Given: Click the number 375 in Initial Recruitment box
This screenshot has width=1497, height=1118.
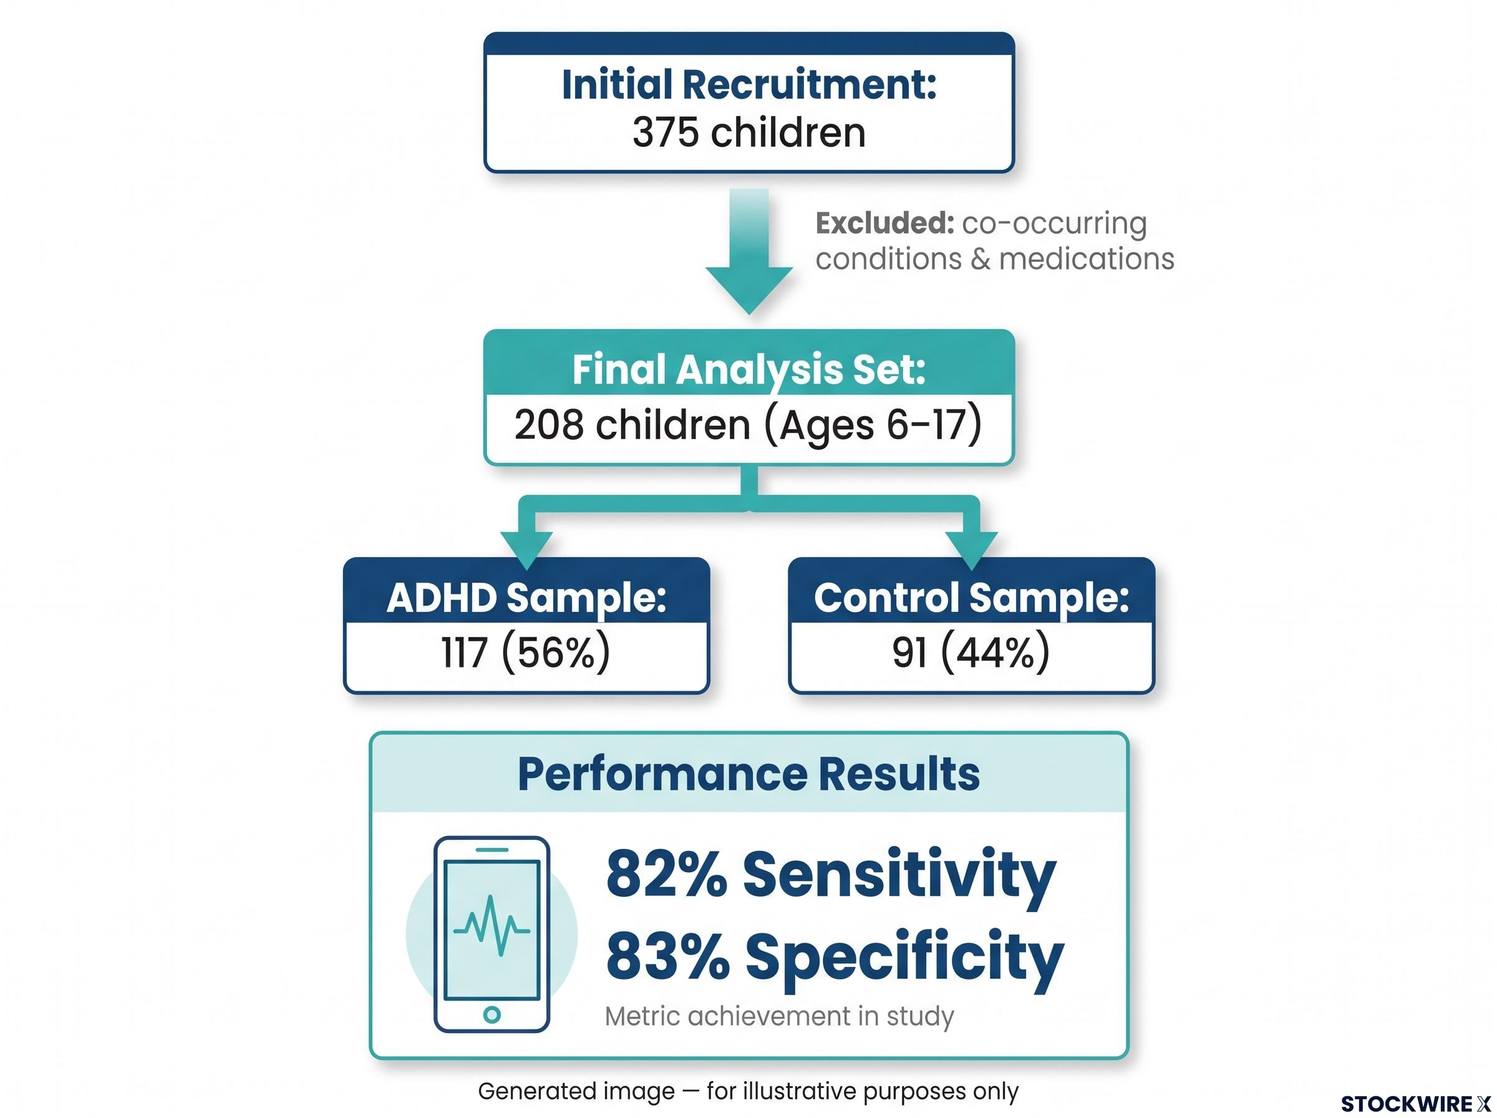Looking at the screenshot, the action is (665, 132).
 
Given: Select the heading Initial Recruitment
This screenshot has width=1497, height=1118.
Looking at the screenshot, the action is (749, 85).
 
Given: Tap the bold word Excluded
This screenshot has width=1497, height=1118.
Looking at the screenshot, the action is (884, 223).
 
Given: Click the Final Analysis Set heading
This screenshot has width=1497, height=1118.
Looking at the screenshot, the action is (749, 369).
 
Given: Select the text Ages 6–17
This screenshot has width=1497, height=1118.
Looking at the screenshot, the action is (873, 425).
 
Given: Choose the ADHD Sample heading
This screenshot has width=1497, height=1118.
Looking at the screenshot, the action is (526, 598).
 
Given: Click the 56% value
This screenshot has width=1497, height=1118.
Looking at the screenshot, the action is (556, 653).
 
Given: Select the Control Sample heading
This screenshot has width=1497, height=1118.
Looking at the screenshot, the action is (971, 598).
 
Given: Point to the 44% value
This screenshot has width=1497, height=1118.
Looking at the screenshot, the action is (995, 653).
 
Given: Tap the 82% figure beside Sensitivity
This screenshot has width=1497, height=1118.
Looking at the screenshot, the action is (666, 873).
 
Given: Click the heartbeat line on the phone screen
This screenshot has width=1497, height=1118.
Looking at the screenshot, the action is (492, 926).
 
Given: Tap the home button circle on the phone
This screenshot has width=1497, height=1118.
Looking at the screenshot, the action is (492, 1014).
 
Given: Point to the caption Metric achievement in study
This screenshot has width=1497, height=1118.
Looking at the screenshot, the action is (779, 1016).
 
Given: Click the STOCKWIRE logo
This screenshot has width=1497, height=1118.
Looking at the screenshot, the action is (1415, 1104).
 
